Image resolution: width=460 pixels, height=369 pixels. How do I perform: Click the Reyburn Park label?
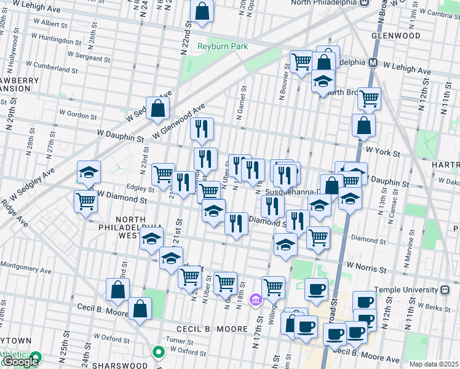(213, 47)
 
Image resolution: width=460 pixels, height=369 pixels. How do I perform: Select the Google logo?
(20, 362)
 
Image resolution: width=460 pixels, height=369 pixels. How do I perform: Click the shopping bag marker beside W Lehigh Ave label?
(202, 11)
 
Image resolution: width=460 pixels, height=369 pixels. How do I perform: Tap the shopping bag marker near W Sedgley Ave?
(158, 109)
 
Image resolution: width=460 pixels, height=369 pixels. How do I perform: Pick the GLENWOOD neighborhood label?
(395, 36)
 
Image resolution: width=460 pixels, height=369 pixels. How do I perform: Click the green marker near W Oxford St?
(159, 353)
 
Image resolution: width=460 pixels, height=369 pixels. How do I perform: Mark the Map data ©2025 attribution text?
(434, 364)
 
